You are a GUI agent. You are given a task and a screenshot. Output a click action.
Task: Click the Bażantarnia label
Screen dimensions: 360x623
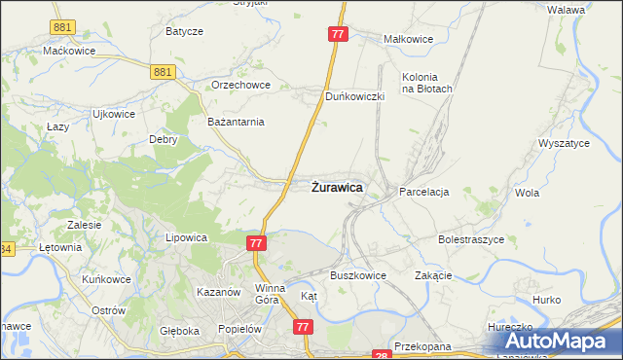coord(237,122)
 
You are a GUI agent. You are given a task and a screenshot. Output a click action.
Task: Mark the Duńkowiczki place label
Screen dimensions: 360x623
coord(356,97)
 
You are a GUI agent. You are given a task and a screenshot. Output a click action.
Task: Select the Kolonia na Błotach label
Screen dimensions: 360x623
coord(426,83)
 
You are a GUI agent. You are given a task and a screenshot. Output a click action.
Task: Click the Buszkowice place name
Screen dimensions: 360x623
coord(357,275)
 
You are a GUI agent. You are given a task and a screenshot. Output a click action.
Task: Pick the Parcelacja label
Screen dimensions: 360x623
coord(423,193)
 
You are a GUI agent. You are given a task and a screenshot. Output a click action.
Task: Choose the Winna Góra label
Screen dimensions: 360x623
coord(270,294)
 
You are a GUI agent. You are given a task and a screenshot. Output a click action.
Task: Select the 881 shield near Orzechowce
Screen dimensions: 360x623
coord(163,71)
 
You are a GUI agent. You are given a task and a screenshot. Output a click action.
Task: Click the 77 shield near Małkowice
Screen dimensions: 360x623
coord(337,34)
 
